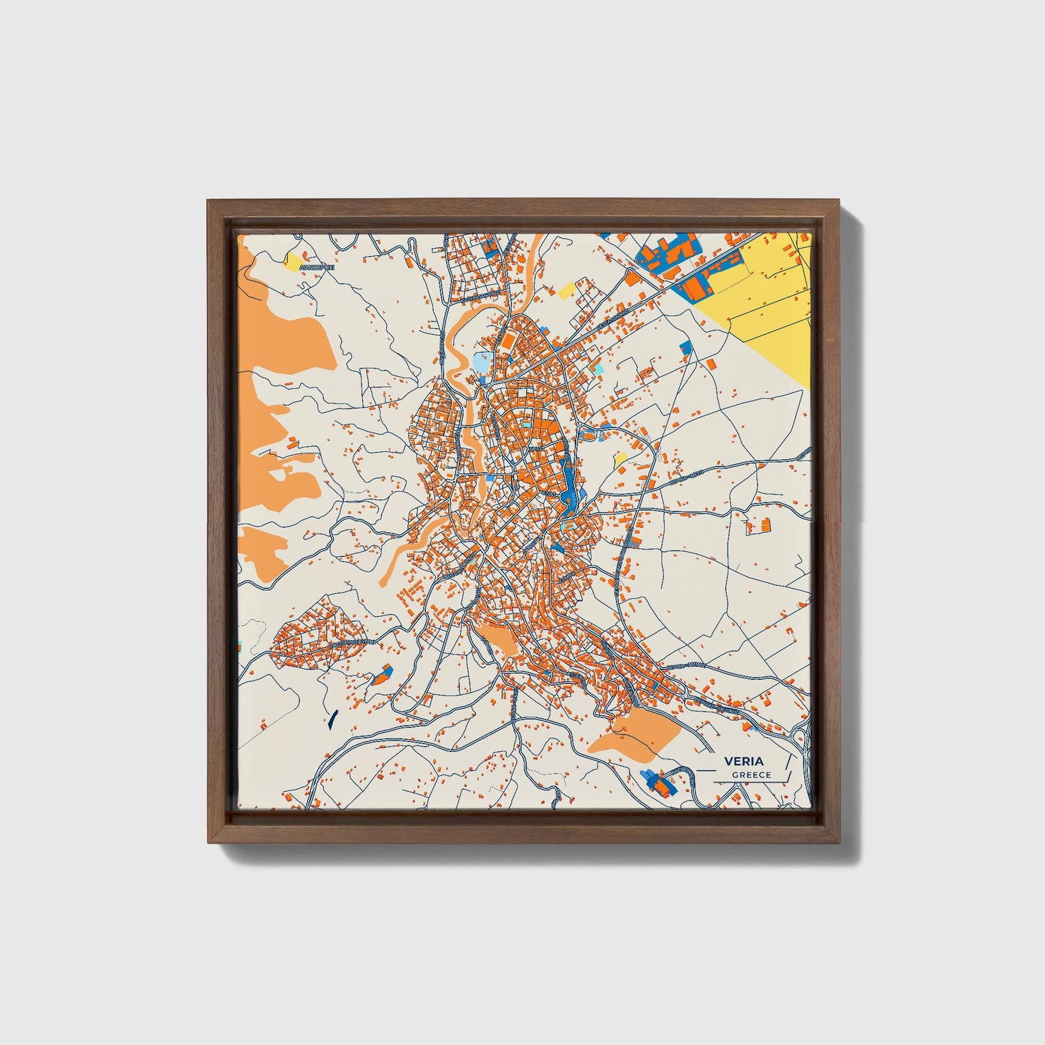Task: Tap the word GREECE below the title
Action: tap(751, 775)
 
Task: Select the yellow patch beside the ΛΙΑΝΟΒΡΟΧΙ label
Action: tap(294, 262)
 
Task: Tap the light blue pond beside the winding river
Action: tap(480, 364)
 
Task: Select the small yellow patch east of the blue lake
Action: tap(620, 458)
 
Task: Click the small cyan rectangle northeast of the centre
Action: tap(598, 369)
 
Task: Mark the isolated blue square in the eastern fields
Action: tap(685, 349)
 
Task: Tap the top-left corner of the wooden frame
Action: tap(210, 202)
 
